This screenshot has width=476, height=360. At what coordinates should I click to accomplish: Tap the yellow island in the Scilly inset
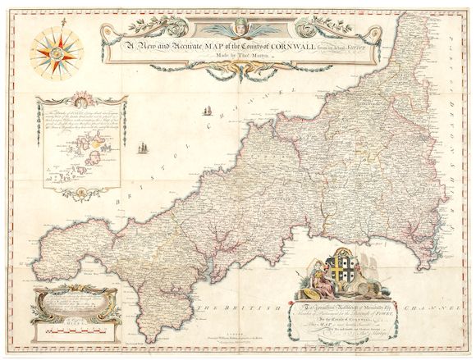(x=96, y=151)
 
